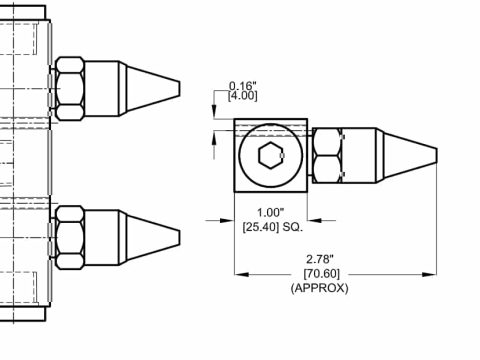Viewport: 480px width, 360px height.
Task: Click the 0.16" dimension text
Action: click(243, 86)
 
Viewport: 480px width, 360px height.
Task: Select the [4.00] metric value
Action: click(243, 96)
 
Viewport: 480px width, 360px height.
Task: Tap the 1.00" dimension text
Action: click(270, 212)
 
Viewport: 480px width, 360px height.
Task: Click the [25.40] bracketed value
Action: click(261, 227)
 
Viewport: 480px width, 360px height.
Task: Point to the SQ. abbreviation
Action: click(293, 227)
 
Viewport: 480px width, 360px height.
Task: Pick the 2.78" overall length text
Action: click(320, 259)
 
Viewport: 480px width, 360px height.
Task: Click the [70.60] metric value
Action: click(322, 274)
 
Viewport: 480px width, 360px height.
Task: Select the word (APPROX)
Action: click(320, 288)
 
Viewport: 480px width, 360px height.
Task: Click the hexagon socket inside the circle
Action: click(272, 155)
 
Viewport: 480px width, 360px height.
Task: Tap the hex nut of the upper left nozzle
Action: click(69, 88)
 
